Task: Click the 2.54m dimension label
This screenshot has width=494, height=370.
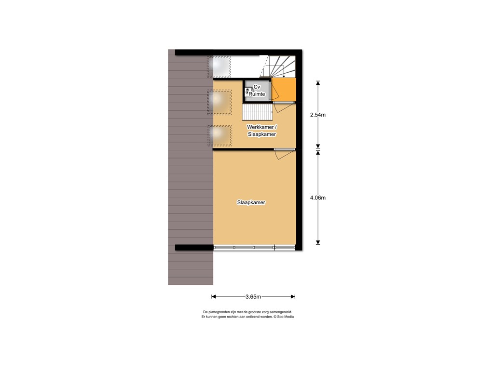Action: [317, 115]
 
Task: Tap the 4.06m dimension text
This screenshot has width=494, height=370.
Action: [317, 198]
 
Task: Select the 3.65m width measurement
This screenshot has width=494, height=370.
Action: [253, 297]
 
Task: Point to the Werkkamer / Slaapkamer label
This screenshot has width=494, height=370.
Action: [262, 131]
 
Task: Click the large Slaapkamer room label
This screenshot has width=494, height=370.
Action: [251, 203]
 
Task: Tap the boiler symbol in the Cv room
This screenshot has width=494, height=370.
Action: [248, 91]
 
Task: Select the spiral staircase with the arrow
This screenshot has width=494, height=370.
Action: [279, 66]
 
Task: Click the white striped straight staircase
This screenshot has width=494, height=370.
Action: [257, 113]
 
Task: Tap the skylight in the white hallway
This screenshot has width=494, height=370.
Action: [219, 66]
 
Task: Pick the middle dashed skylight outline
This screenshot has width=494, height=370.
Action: [219, 102]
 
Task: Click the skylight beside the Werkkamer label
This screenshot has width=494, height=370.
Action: [219, 136]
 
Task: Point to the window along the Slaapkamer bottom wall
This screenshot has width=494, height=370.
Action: [254, 248]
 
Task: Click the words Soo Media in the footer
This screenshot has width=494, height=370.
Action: [285, 317]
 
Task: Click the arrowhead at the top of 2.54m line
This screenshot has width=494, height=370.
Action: [317, 82]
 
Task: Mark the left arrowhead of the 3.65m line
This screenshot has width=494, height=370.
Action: [213, 297]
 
